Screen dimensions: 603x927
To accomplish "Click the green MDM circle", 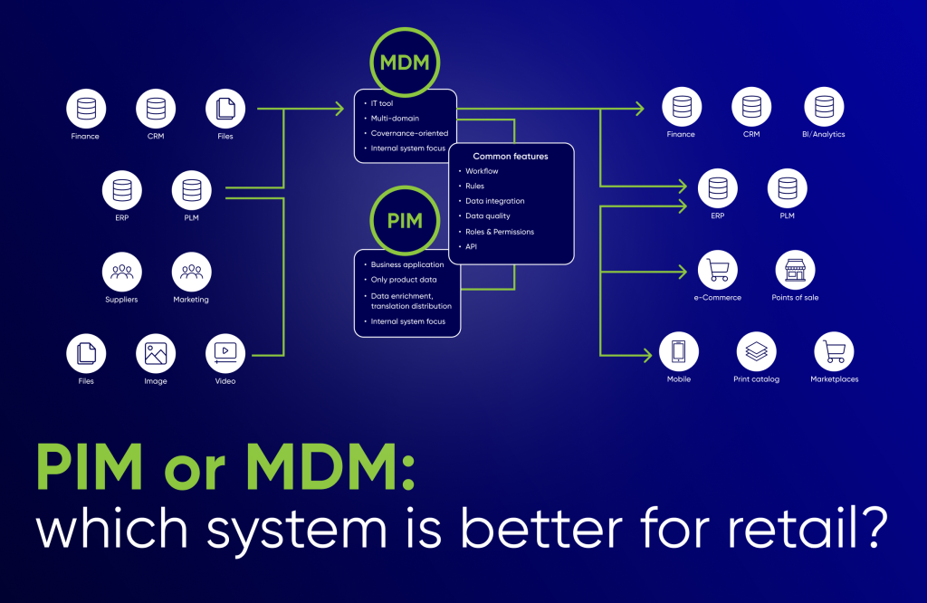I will (405, 64).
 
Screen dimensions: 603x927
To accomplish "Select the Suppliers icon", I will (120, 272).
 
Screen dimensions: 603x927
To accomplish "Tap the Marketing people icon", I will (191, 272).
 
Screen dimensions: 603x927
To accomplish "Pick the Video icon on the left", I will (225, 353).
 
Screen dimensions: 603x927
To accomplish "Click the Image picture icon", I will (155, 353).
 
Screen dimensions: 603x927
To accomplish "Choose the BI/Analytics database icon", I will (823, 107).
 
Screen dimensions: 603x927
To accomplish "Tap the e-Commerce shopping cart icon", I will (718, 270).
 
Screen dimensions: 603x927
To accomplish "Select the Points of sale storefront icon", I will (795, 270).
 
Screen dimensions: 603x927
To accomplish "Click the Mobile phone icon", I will (679, 351).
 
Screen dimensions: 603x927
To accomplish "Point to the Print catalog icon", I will (756, 351).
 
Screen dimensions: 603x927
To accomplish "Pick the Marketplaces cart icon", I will (834, 351).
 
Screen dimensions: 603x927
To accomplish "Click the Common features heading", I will (511, 156).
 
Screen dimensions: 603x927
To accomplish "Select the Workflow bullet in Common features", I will (482, 171).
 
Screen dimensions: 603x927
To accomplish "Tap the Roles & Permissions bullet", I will (500, 232).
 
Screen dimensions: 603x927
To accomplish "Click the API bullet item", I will (471, 246).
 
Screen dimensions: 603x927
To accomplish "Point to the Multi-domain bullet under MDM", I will (395, 119).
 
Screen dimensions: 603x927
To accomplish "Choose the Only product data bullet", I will (403, 280).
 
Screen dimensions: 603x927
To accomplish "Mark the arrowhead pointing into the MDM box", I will (339, 109).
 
